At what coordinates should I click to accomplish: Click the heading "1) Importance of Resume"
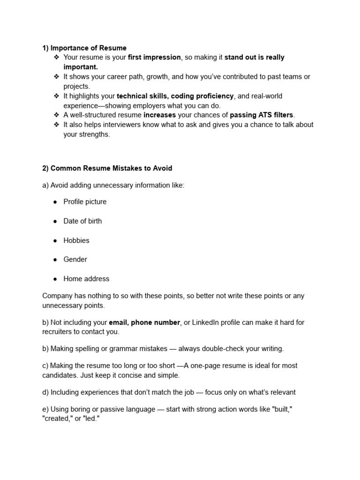[84, 48]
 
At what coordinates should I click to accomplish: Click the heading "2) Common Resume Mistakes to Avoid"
[107, 168]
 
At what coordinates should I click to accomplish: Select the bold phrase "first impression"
[154, 57]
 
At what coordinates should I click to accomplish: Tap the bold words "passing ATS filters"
[262, 115]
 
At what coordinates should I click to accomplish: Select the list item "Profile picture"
[85, 202]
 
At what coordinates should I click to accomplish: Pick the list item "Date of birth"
[82, 221]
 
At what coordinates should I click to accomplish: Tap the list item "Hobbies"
[76, 240]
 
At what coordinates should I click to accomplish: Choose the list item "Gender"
[75, 259]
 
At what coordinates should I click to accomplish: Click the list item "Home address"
[86, 278]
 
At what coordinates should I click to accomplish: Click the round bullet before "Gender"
[55, 259]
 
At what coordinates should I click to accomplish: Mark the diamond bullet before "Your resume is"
[56, 57]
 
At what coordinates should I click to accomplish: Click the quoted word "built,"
[282, 409]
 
